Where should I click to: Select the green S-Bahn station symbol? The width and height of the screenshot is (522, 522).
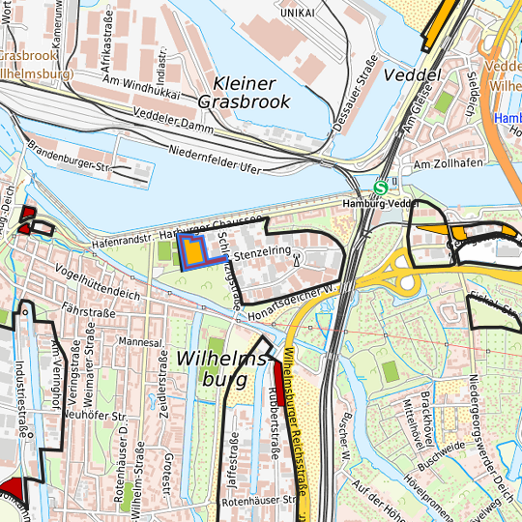click(x=382, y=188)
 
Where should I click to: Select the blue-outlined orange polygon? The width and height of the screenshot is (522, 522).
click(x=192, y=250)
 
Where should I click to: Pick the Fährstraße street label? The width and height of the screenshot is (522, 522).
click(x=88, y=312)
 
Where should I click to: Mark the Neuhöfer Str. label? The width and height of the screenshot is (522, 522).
click(x=96, y=414)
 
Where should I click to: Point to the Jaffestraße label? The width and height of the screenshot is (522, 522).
click(x=232, y=454)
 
